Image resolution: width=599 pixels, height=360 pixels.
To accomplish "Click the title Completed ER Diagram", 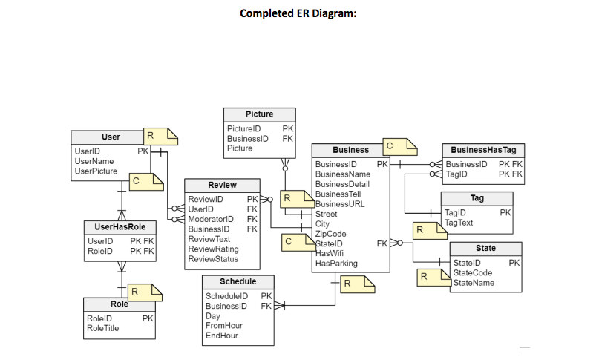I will click(x=298, y=13).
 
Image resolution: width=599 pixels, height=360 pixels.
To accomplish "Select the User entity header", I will click(x=110, y=137).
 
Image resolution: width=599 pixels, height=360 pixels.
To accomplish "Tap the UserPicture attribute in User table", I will click(x=96, y=171).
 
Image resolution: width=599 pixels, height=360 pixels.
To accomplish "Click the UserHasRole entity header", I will click(x=115, y=226).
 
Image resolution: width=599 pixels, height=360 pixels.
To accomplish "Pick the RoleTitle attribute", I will click(x=102, y=328).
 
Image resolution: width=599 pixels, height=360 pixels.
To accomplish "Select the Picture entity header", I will click(x=259, y=114).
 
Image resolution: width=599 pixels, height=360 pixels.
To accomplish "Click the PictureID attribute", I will click(x=243, y=129).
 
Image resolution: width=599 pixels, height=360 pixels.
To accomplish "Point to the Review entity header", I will click(x=222, y=185).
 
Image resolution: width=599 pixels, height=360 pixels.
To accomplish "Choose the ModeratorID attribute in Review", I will click(x=212, y=220).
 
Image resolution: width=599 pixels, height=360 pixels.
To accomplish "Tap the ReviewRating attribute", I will click(x=214, y=249).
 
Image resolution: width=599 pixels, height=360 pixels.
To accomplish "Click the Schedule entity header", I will click(x=238, y=282).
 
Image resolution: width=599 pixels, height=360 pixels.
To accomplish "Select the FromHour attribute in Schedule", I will click(x=223, y=326).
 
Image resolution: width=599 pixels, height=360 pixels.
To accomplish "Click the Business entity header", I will click(x=350, y=150).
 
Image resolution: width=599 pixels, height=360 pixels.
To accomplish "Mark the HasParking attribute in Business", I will click(x=336, y=264).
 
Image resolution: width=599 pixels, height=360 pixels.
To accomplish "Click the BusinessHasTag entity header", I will click(x=483, y=150).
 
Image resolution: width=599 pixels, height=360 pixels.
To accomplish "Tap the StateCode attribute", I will click(x=473, y=273).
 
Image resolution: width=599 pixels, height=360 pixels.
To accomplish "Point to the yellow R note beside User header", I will click(x=160, y=137).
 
